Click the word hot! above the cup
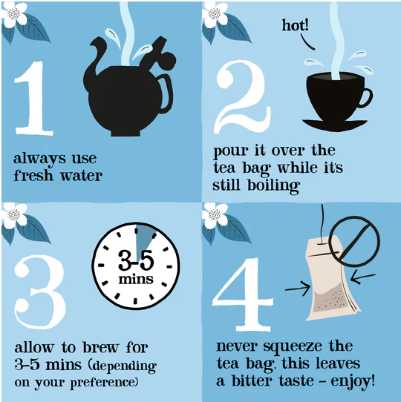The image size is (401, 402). click(296, 25)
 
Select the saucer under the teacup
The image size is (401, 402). click(335, 125)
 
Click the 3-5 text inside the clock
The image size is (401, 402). click(136, 260)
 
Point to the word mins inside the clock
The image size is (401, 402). click(136, 279)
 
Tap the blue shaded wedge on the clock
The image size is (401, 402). click(144, 240)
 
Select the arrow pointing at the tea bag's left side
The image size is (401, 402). click(297, 289)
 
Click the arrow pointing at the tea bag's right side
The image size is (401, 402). click(362, 278)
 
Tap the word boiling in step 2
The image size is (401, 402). click(274, 185)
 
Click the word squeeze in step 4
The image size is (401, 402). click(293, 347)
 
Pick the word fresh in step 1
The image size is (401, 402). click(33, 175)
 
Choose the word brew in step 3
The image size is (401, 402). click(101, 348)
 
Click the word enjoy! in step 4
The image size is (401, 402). click(353, 381)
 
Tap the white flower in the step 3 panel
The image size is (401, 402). click(14, 215)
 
